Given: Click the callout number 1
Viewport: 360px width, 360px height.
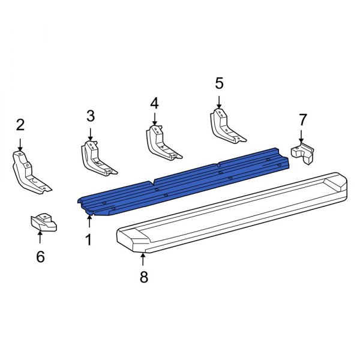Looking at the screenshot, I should [x=89, y=241].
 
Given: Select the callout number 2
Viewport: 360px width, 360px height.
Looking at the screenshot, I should [x=20, y=125].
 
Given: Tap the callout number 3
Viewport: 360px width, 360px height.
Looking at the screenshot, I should [x=91, y=115].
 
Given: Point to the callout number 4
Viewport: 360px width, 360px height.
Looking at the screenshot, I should [x=154, y=103].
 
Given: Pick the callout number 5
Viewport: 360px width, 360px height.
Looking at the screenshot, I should [x=219, y=82].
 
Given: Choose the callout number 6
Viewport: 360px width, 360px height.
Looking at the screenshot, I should [x=40, y=257].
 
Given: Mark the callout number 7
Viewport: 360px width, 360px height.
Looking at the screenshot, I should [x=302, y=120].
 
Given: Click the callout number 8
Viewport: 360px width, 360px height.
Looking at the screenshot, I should [x=143, y=277].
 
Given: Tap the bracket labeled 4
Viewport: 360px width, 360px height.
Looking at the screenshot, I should [x=161, y=144].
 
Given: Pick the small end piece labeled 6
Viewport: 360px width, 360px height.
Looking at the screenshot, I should [x=43, y=223].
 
